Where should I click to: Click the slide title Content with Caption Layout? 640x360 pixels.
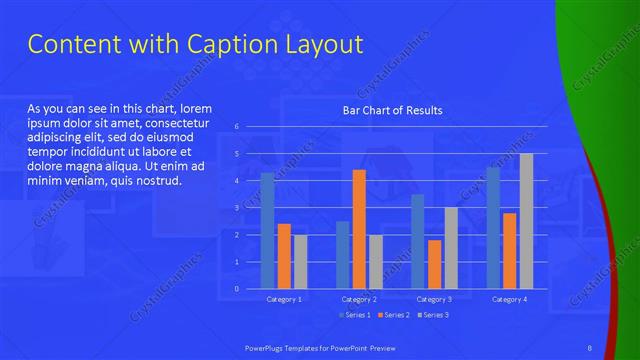pyautogui.click(x=194, y=45)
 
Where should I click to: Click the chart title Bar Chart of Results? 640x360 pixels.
pyautogui.click(x=392, y=110)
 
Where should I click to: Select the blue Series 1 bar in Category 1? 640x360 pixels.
pyautogui.click(x=267, y=231)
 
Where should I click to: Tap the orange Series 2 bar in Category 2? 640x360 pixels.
pyautogui.click(x=359, y=229)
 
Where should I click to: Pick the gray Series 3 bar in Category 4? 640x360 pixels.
pyautogui.click(x=526, y=221)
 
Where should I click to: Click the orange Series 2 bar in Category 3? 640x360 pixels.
pyautogui.click(x=434, y=264)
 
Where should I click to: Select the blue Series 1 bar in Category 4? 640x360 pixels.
pyautogui.click(x=493, y=228)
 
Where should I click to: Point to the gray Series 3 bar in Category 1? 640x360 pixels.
pyautogui.click(x=300, y=261)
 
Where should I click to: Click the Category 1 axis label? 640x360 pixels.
pyautogui.click(x=284, y=299)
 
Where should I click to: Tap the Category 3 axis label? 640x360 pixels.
pyautogui.click(x=434, y=299)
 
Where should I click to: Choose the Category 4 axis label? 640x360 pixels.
pyautogui.click(x=509, y=299)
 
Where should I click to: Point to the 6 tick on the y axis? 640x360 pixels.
pyautogui.click(x=237, y=127)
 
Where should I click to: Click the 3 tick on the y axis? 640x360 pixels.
pyautogui.click(x=237, y=208)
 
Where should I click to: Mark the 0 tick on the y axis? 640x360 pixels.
pyautogui.click(x=237, y=288)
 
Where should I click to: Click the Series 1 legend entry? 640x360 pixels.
pyautogui.click(x=355, y=315)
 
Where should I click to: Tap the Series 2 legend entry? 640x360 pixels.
pyautogui.click(x=395, y=315)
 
